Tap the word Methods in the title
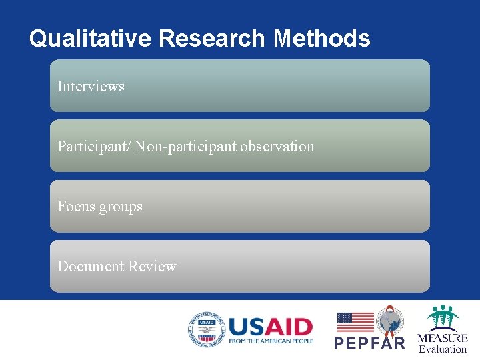[321, 39]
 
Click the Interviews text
[91, 86]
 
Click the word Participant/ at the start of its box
[94, 146]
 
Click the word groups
[121, 207]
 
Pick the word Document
[91, 266]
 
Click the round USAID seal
[205, 331]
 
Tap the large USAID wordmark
[270, 327]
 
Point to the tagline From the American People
[270, 341]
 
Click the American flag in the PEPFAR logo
[355, 322]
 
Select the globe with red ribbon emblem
[390, 321]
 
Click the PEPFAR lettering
[369, 343]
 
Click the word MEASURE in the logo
[443, 338]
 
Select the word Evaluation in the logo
[443, 349]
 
